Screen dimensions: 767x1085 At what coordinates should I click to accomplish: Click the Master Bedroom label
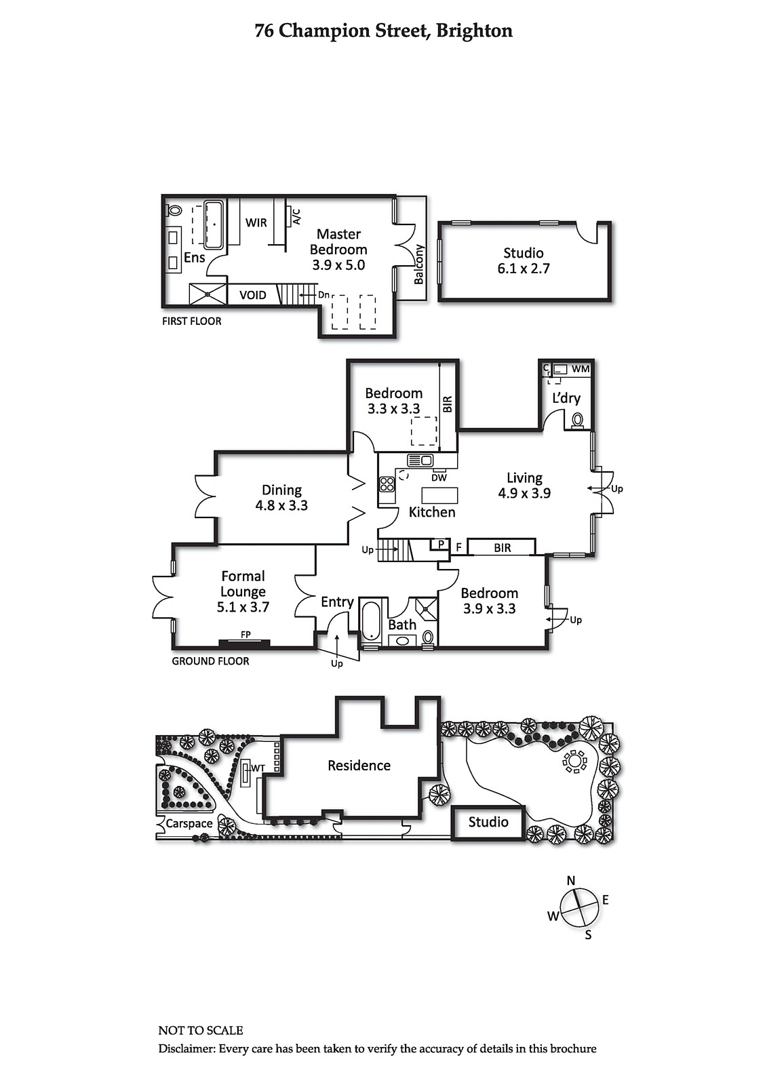pyautogui.click(x=338, y=241)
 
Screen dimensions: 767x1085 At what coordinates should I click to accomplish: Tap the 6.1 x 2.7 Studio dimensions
pyautogui.click(x=524, y=269)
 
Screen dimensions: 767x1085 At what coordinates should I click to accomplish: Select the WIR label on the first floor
pyautogui.click(x=256, y=222)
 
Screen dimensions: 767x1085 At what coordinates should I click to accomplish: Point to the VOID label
pyautogui.click(x=252, y=295)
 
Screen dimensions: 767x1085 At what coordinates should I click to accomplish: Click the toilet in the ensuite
pyautogui.click(x=174, y=211)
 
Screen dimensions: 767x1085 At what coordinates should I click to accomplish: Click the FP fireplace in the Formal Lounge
pyautogui.click(x=245, y=642)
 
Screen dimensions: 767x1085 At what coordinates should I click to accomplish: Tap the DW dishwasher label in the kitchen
pyautogui.click(x=439, y=477)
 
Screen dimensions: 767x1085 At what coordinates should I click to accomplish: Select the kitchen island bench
pyautogui.click(x=440, y=495)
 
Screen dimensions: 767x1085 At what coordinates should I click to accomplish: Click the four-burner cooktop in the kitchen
pyautogui.click(x=387, y=484)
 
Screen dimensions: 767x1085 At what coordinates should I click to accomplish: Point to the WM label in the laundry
pyautogui.click(x=581, y=369)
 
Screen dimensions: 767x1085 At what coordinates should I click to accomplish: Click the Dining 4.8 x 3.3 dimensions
pyautogui.click(x=281, y=505)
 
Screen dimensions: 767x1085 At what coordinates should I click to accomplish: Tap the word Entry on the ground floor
pyautogui.click(x=337, y=602)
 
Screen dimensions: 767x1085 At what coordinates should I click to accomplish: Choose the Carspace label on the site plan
pyautogui.click(x=189, y=823)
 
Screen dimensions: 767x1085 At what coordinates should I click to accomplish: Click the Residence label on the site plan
pyautogui.click(x=359, y=766)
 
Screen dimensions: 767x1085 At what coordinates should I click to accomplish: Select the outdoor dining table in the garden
pyautogui.click(x=574, y=762)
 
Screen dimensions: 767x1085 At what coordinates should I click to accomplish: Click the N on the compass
pyautogui.click(x=571, y=881)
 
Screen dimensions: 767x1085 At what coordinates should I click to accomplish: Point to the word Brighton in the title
pyautogui.click(x=474, y=31)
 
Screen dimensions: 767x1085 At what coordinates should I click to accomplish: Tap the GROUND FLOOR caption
pyautogui.click(x=210, y=661)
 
